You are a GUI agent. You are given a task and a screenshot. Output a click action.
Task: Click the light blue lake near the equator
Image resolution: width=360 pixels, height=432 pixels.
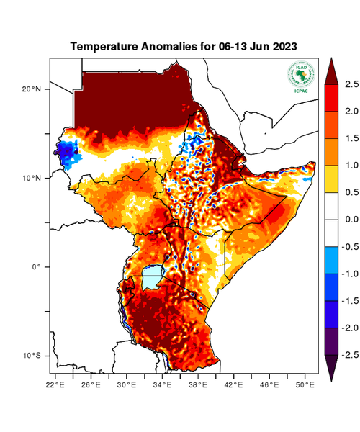(153, 276)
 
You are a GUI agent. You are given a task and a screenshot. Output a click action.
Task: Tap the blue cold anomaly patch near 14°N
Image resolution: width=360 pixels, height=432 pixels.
(68, 153)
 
